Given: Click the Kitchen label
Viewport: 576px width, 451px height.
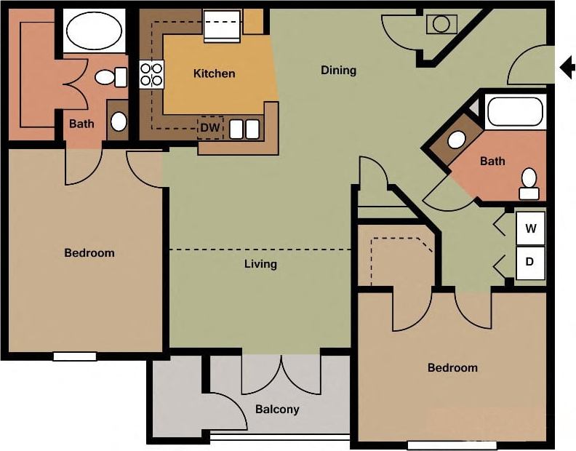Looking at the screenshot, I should [214, 73].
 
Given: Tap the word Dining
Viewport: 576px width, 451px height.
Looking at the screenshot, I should [338, 71].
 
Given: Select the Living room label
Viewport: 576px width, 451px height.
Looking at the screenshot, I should [260, 264].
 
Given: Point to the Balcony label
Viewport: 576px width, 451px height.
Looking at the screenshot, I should [277, 410].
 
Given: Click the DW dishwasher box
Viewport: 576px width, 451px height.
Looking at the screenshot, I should [210, 128].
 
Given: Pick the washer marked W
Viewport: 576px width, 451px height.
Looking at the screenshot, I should [531, 228].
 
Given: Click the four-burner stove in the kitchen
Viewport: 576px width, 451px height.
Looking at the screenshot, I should [151, 75].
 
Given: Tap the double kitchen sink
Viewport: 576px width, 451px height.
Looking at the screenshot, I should [244, 129].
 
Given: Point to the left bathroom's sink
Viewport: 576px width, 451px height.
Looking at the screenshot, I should [119, 121].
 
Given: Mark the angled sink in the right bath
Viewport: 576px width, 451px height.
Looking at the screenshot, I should [456, 140].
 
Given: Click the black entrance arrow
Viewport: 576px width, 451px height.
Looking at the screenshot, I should [567, 68].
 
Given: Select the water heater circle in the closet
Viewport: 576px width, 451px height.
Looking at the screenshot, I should [441, 24].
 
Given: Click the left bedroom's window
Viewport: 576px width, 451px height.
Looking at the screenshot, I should [75, 356].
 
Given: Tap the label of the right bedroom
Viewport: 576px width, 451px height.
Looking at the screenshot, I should [452, 367].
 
